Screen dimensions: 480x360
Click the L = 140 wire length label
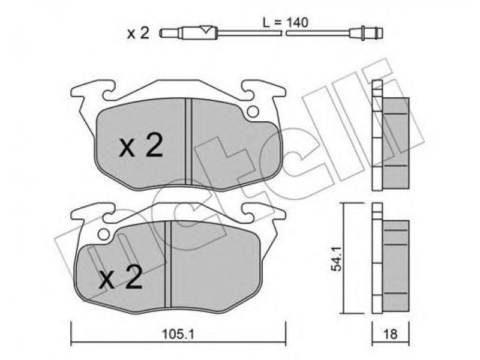point(286,23)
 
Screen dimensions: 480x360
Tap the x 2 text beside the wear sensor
point(138,33)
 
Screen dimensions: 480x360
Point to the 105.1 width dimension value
point(178,334)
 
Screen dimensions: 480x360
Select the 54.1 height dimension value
point(337,259)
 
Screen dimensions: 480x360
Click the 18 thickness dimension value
point(390,334)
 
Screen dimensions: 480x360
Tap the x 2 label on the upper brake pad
point(141,147)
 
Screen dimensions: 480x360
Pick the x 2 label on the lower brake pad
point(121,278)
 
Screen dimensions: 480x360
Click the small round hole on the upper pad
point(253,112)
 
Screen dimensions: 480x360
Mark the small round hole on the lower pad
point(104,235)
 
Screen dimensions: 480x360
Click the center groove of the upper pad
point(188,142)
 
